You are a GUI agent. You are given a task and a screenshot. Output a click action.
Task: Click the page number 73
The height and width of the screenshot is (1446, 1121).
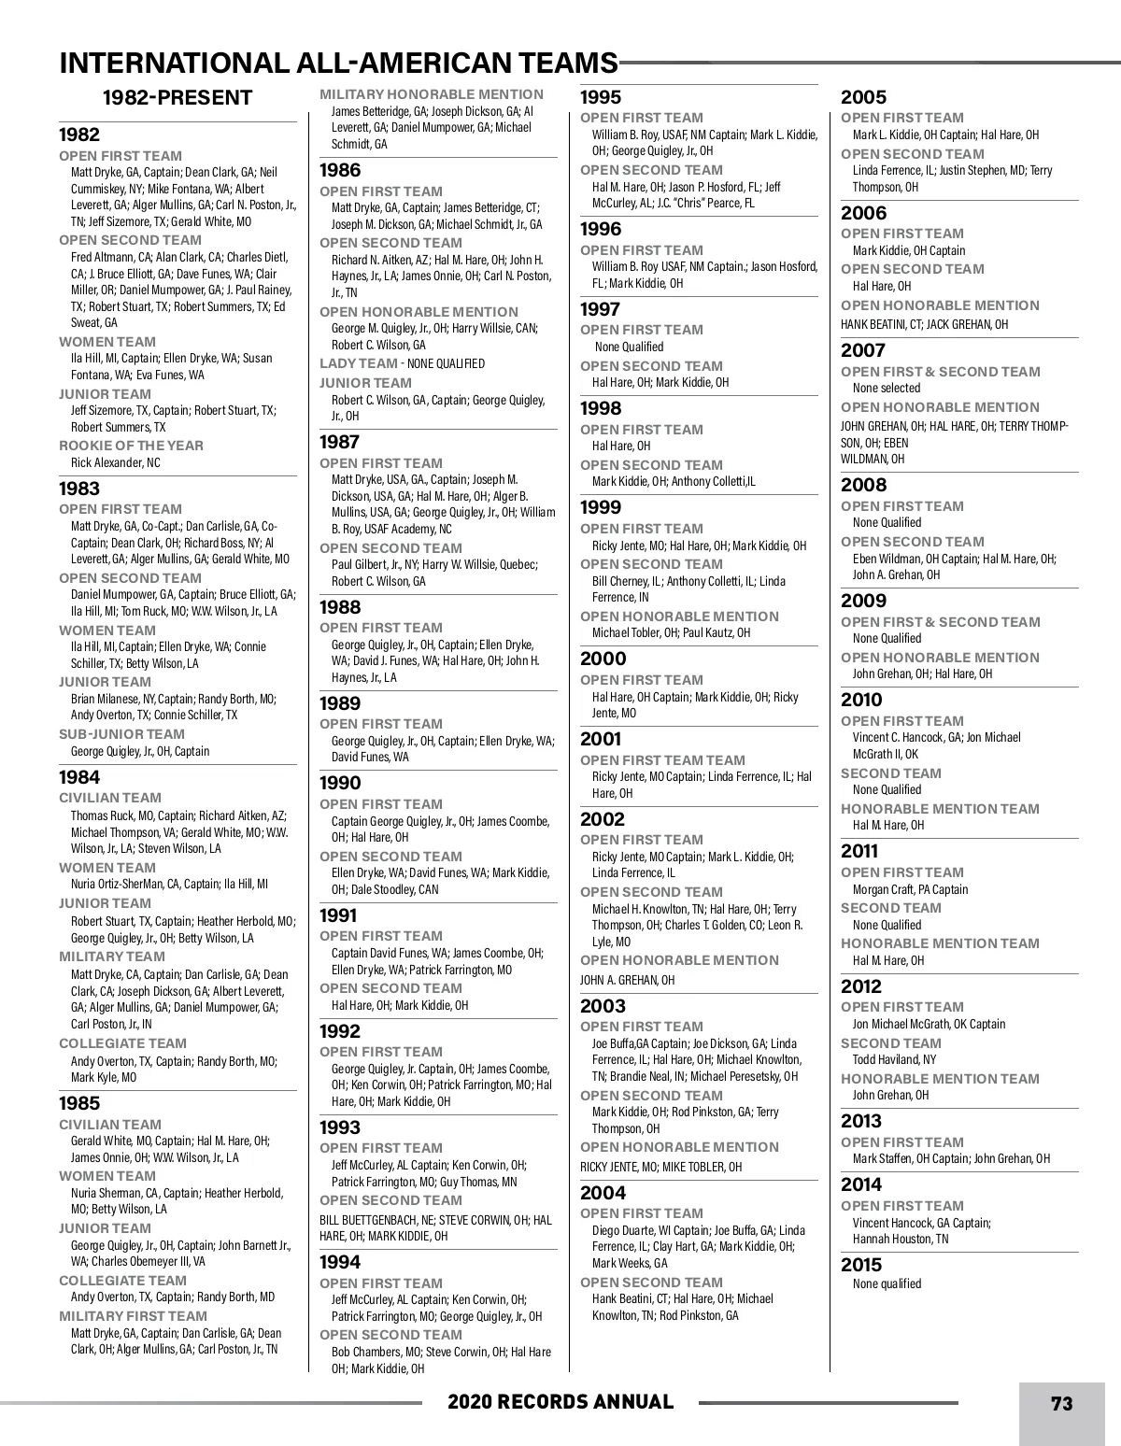[x=1061, y=1403]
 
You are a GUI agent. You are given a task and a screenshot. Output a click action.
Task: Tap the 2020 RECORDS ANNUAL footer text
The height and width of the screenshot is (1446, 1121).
[x=560, y=1402]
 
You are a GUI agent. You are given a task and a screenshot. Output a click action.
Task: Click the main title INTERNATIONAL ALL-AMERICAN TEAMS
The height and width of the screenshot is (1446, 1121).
[x=338, y=63]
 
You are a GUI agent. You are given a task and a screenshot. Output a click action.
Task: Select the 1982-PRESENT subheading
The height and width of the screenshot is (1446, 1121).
[x=177, y=98]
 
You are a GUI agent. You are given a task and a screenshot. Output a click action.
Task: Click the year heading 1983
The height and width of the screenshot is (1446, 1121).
[x=79, y=489]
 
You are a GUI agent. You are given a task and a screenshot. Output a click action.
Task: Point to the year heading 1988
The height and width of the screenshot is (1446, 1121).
[x=340, y=607]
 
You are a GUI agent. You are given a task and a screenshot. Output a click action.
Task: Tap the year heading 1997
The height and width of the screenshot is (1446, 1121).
[x=601, y=309]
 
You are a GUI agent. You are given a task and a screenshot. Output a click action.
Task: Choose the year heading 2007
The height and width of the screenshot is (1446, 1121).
[x=862, y=350]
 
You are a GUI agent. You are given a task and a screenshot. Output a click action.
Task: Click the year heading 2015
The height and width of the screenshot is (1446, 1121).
[x=861, y=1265]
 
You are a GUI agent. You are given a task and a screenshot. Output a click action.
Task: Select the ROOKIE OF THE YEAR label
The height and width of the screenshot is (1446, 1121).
[x=131, y=446]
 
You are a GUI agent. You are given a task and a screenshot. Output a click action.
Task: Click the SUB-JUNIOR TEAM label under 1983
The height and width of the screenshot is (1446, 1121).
[x=122, y=734]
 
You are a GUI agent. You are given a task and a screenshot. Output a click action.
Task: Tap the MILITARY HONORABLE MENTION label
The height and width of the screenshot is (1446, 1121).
[x=432, y=94]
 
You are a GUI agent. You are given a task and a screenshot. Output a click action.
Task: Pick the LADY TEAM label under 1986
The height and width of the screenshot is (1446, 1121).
[x=359, y=363]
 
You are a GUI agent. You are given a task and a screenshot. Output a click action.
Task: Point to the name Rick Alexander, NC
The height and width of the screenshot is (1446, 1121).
[x=116, y=462]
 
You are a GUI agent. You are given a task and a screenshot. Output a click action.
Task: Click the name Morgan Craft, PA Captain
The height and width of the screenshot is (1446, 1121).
[x=910, y=889]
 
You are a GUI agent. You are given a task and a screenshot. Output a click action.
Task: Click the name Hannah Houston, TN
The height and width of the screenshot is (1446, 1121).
[x=901, y=1239]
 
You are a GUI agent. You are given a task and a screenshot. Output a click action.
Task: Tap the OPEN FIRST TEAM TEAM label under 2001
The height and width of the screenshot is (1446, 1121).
[x=663, y=760]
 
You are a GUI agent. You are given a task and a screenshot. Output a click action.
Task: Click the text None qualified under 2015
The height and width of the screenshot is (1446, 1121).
[x=887, y=1283]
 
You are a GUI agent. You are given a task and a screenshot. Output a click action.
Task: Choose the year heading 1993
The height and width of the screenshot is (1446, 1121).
[x=340, y=1127]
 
